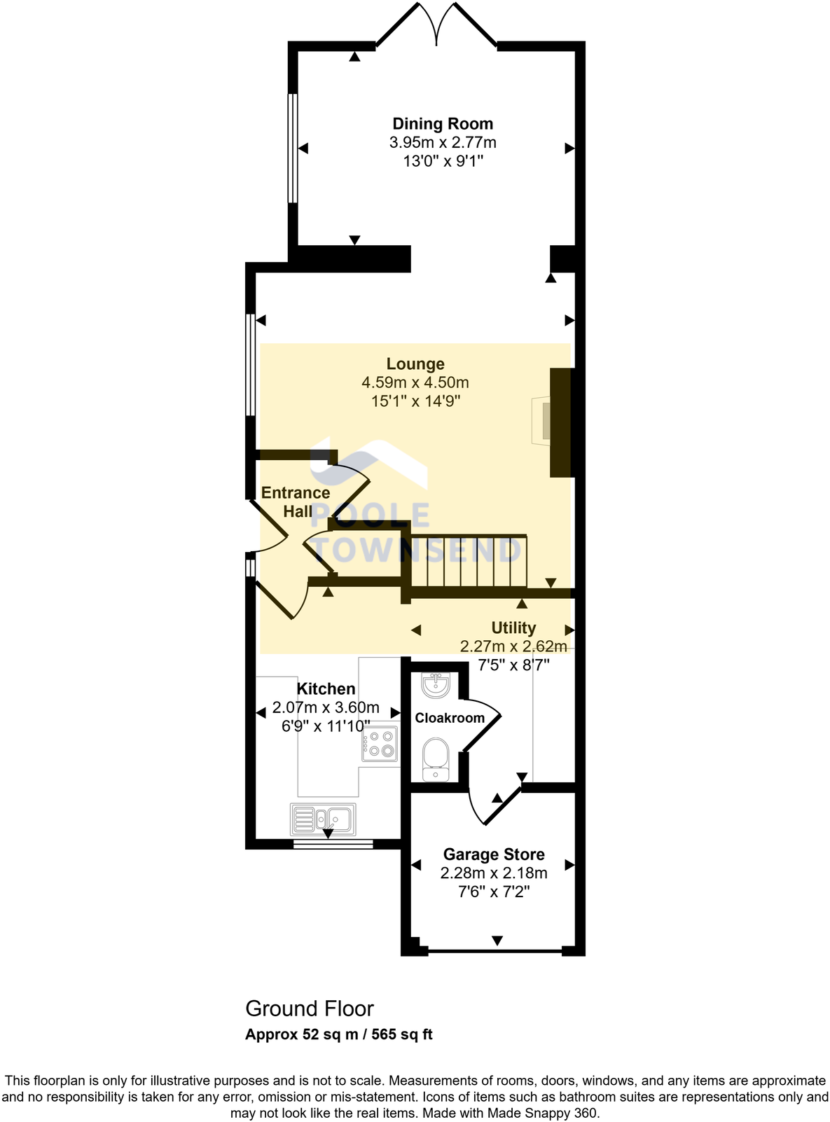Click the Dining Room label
pos(443,124)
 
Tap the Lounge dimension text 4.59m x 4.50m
pos(415,382)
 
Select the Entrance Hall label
pos(296,501)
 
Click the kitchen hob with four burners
pos(380,744)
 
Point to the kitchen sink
pos(323,818)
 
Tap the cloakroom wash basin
pos(436,684)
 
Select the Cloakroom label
pos(450,718)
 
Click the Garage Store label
pos(494,854)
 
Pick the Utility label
pos(513,628)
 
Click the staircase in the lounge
pos(468,562)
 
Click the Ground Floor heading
pos(310,1009)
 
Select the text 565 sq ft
pos(402,1034)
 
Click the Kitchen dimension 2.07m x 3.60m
pos(326,707)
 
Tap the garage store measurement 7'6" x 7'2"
pos(494,892)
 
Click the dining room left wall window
pos(293,148)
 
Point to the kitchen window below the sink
pos(333,844)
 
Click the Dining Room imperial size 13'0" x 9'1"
pos(443,161)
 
